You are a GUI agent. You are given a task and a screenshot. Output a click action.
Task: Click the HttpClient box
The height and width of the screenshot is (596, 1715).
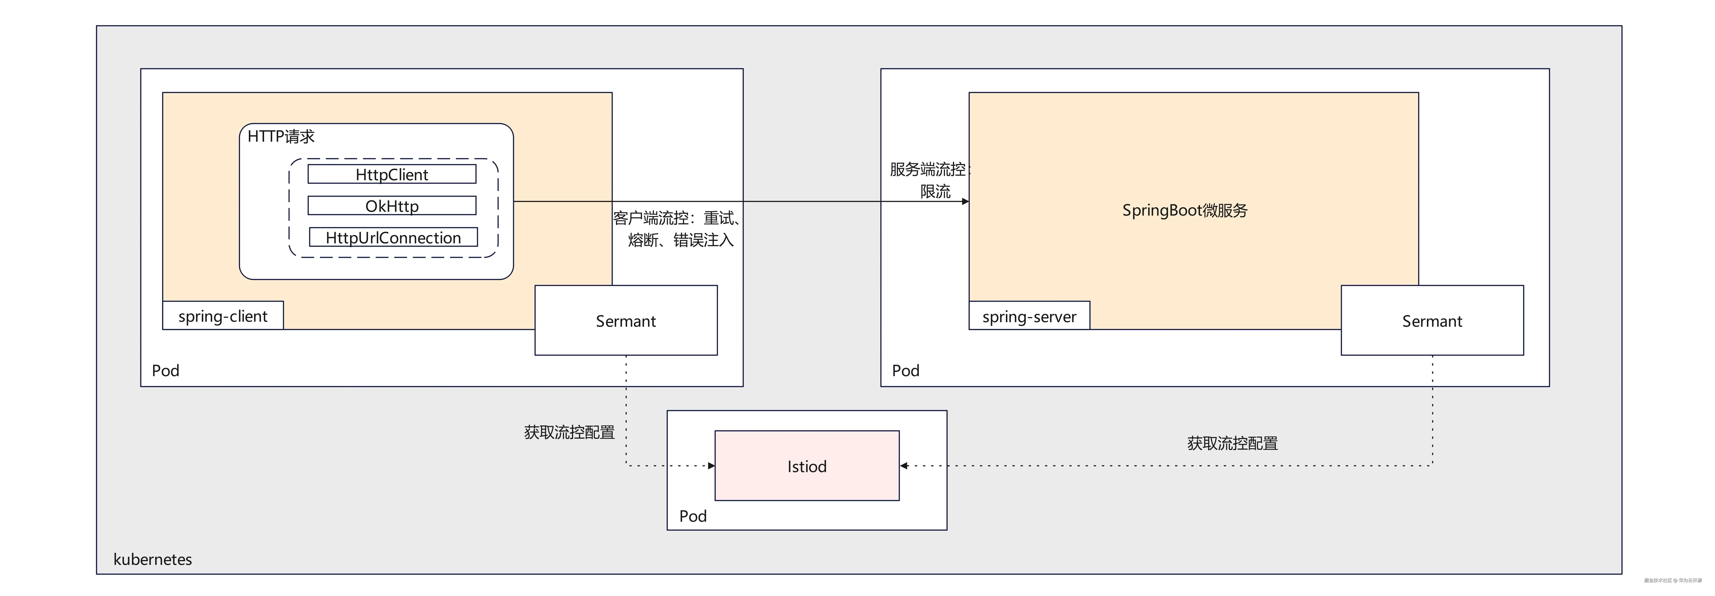(392, 175)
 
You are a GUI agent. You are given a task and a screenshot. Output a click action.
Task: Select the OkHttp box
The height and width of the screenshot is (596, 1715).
(392, 206)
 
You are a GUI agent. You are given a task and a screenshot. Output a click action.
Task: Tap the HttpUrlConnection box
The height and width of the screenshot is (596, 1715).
(393, 238)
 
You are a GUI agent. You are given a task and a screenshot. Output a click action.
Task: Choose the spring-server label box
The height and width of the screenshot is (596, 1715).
(1029, 316)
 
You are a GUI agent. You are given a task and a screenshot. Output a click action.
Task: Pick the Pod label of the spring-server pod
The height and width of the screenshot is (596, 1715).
(905, 370)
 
